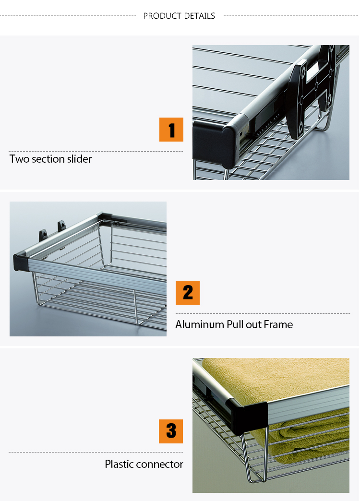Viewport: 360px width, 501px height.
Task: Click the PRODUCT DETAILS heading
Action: [x=179, y=16]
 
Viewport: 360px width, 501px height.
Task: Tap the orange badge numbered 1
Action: [x=171, y=130]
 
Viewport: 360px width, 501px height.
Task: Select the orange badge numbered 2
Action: [x=188, y=293]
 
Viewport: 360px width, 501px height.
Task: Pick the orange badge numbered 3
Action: [x=171, y=431]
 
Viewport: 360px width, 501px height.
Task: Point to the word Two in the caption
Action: [x=19, y=159]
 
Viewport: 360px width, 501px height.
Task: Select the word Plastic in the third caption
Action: [x=119, y=465]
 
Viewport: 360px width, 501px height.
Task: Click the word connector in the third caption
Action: [x=160, y=465]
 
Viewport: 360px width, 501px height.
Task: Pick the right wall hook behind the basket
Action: [x=61, y=226]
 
